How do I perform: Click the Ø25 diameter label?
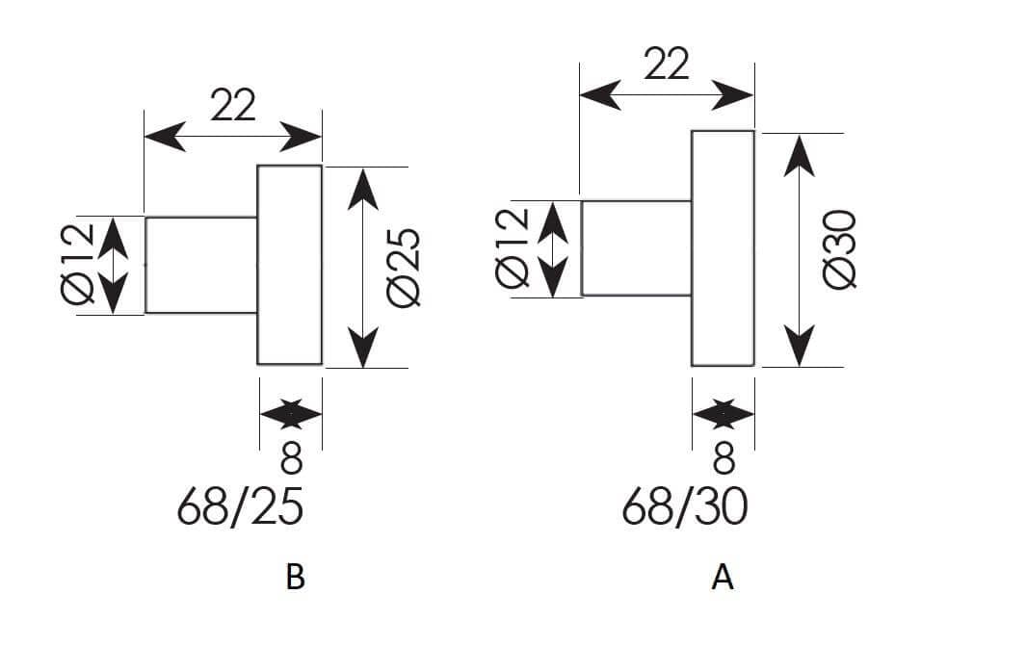point(404,268)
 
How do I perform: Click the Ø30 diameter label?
point(841,249)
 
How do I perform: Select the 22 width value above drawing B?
point(233,105)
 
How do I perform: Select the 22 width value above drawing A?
point(667,64)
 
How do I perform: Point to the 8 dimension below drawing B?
point(291,458)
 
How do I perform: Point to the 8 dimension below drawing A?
point(723,458)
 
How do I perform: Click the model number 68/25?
point(240,507)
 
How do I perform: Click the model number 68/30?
point(685,507)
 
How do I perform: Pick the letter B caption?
point(295,578)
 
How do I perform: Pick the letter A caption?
point(723,578)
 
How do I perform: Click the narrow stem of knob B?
point(201,265)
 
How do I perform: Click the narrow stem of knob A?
point(636,248)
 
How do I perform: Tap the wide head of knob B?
point(290,265)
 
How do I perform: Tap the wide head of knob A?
point(723,248)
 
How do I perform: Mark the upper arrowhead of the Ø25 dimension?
point(363,189)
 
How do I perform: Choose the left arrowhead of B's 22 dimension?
point(165,136)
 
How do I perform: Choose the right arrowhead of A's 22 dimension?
point(733,95)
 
